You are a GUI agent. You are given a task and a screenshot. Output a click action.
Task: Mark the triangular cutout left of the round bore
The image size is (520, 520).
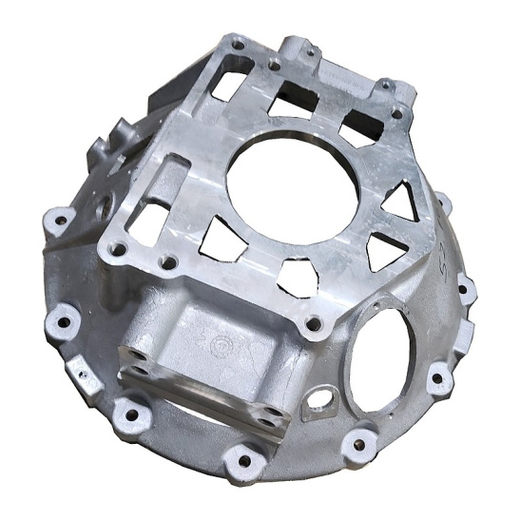221,233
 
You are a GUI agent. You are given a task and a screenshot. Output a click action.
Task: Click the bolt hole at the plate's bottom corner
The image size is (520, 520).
314,326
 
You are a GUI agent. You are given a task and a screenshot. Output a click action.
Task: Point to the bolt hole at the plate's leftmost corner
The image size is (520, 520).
119,250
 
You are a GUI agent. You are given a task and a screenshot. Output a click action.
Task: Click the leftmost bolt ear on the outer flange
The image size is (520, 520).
59,221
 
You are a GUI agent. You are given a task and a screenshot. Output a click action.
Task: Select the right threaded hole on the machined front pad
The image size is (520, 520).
273,414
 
